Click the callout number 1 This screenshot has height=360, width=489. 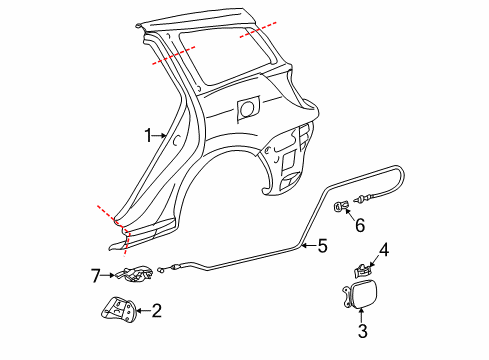pos(148,135)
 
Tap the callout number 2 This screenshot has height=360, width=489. pos(157,311)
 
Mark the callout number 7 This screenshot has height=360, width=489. pos(96,273)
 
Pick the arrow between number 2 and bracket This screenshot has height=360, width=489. pos(143,311)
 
